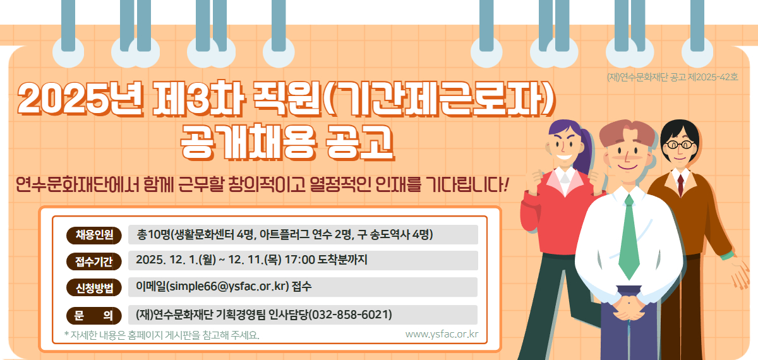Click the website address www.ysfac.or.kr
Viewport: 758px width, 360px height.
442,333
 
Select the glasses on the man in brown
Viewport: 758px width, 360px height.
678,144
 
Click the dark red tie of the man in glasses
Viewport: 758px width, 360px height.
680,184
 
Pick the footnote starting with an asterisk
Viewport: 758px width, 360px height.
162,334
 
